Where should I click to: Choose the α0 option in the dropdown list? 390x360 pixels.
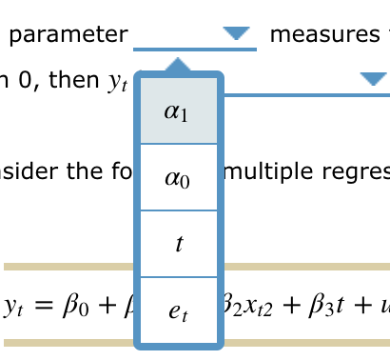178,177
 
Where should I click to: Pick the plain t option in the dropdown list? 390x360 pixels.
178,244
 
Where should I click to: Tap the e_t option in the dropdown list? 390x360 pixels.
178,310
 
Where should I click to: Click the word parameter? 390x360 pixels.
68,35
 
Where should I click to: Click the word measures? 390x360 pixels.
323,35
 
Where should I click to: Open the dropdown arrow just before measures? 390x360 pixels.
235,34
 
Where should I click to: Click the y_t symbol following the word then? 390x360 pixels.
116,83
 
